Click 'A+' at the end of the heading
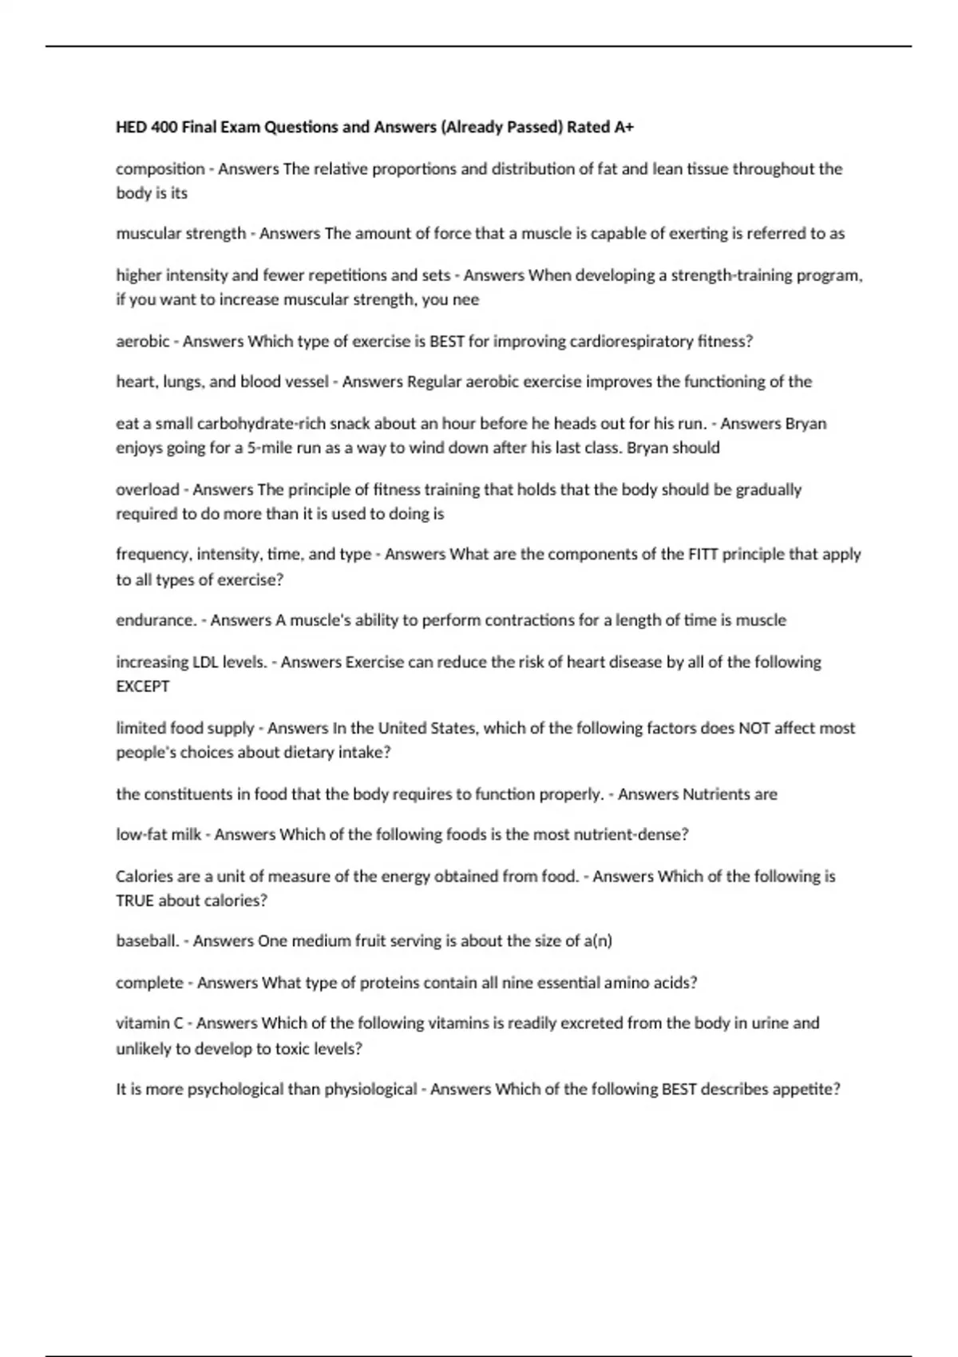click(623, 127)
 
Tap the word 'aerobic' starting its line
click(142, 342)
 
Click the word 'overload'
click(147, 489)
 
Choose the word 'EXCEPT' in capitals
click(143, 686)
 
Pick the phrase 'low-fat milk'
click(158, 835)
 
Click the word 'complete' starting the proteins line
click(149, 983)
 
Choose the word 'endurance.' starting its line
click(156, 620)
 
